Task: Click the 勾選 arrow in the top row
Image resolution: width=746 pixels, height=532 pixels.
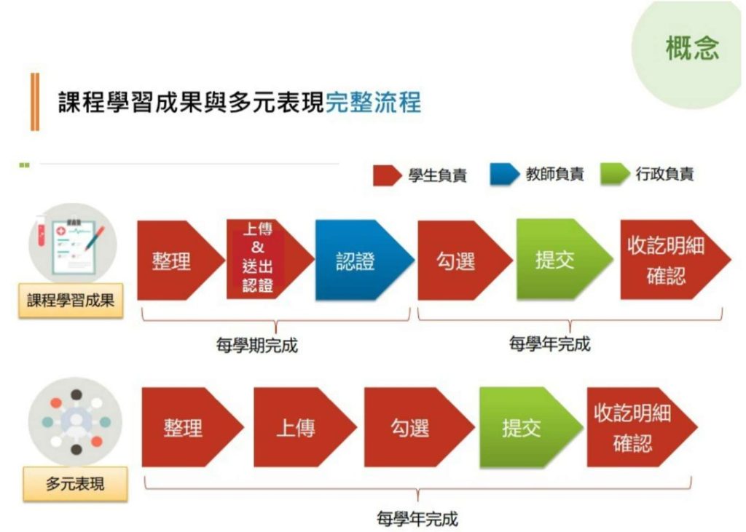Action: pyautogui.click(x=465, y=260)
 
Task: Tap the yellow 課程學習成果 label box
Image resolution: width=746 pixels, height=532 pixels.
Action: pyautogui.click(x=71, y=301)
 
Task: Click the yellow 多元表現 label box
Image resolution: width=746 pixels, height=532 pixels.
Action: pyautogui.click(x=75, y=484)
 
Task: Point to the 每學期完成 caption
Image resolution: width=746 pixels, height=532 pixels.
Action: pyautogui.click(x=257, y=345)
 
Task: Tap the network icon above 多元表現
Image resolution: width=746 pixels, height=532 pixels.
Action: pyautogui.click(x=76, y=422)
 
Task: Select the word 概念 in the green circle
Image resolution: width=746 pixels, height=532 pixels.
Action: pyautogui.click(x=692, y=48)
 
